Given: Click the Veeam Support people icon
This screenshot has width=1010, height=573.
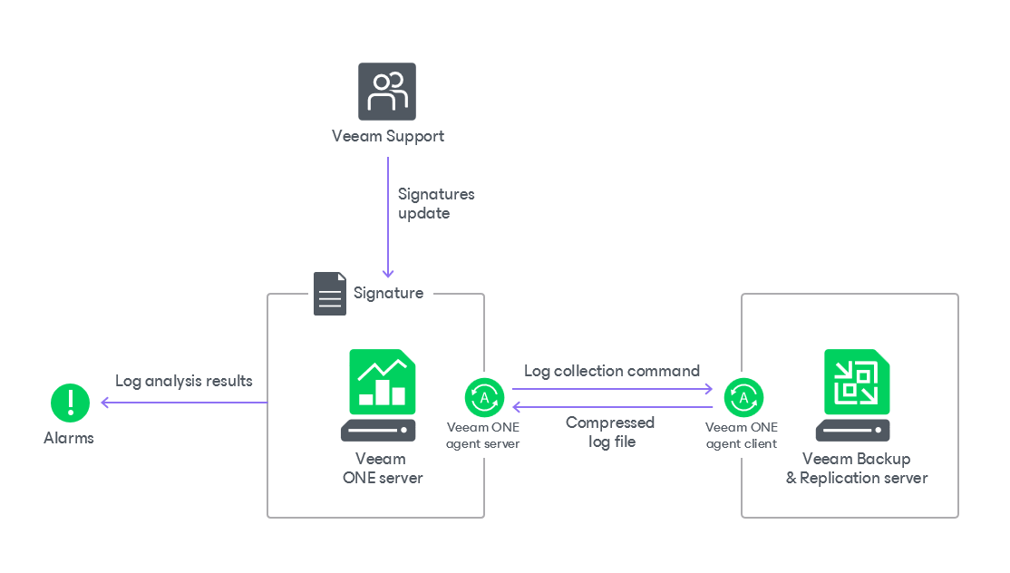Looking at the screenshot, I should [387, 92].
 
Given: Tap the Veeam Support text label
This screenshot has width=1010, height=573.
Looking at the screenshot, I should [388, 137].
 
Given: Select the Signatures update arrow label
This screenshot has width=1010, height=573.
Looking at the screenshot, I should [436, 204].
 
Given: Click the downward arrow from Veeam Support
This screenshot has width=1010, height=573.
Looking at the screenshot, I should [388, 218].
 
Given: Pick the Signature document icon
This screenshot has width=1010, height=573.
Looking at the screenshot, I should [330, 294].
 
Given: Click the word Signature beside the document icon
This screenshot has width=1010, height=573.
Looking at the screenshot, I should [388, 293].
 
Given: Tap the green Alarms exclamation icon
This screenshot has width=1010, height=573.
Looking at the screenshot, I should [70, 403].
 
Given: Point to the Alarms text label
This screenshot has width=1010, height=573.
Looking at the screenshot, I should [69, 438].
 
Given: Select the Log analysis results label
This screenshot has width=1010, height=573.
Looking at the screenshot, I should [184, 381].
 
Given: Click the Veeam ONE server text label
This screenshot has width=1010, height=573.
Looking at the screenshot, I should [382, 469].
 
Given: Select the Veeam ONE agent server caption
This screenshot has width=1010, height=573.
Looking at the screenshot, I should [484, 435].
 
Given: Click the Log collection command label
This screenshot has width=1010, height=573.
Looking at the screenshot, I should [612, 371].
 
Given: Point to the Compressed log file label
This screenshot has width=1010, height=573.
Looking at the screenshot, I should [610, 432].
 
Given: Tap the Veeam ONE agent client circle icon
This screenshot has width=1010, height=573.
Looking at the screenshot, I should [743, 397].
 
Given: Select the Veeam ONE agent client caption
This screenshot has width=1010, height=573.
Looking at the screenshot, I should [742, 435].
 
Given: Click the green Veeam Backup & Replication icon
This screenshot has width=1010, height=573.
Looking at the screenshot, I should [857, 382].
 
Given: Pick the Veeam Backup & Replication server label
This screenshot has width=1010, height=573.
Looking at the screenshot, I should [857, 469].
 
